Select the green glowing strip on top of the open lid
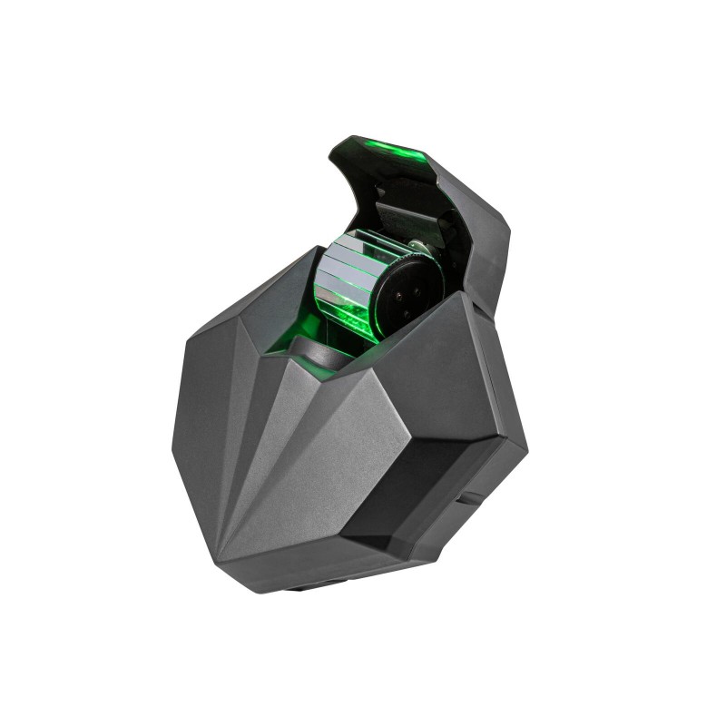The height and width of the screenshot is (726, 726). (381, 151)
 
